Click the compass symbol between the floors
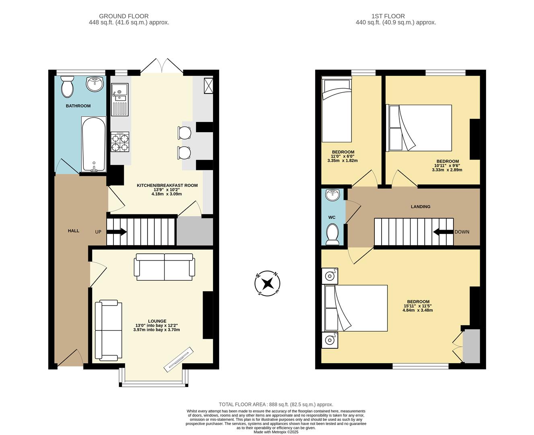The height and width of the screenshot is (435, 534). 267,284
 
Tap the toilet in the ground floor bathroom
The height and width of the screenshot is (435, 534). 67,87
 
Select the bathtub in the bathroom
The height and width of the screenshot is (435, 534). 94,145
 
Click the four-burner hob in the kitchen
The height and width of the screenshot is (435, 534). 120,142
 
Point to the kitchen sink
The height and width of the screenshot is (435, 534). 119,92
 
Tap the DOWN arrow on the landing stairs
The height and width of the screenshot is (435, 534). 443,232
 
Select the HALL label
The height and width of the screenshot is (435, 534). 74,231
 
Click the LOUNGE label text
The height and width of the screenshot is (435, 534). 156,321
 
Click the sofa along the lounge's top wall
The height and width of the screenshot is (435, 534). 165,267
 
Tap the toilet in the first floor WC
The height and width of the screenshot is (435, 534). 333,234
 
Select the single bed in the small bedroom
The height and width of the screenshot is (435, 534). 337,110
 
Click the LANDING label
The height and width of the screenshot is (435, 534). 420,207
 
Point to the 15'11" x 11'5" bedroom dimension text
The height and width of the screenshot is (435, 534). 418,306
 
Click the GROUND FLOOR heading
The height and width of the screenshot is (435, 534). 124,16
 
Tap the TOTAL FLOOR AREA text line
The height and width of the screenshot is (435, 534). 276,404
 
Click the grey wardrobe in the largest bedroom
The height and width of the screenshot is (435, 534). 472,346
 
